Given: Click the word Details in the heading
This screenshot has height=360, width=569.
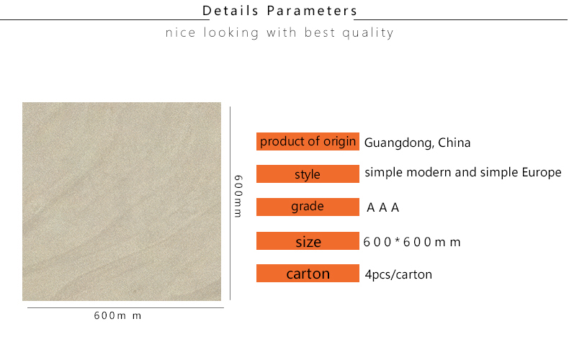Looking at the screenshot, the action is tap(230, 11).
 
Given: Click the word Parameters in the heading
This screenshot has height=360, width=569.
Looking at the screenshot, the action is tap(313, 11).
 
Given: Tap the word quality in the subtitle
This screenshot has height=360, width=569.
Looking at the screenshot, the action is tap(368, 33).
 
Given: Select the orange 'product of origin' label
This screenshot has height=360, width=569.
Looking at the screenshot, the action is tap(308, 142).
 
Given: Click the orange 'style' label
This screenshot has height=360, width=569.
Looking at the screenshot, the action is tap(308, 174).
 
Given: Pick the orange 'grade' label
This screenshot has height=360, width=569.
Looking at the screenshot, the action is tap(308, 207).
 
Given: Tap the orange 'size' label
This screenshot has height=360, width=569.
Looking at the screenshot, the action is tap(308, 241).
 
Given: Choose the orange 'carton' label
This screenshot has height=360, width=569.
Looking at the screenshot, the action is tap(308, 274).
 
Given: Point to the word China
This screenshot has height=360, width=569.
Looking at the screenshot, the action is tap(454, 143).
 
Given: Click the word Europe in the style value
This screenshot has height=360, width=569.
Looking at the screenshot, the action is tap(542, 173).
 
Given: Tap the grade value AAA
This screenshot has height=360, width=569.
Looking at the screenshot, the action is tap(383, 207).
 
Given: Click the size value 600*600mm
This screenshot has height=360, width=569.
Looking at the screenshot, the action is tap(412, 242).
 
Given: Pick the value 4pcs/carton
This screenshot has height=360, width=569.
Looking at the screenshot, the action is tap(398, 275).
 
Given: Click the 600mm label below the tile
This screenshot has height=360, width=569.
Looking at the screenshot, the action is tap(117, 316).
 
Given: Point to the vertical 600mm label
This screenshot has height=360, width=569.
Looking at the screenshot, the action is tap(238, 196).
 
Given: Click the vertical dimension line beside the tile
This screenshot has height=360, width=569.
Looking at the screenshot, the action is tap(230, 203).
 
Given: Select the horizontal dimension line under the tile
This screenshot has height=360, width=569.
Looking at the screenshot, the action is tap(125, 307).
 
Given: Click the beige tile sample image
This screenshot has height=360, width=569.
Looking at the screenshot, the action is tap(122, 202).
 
